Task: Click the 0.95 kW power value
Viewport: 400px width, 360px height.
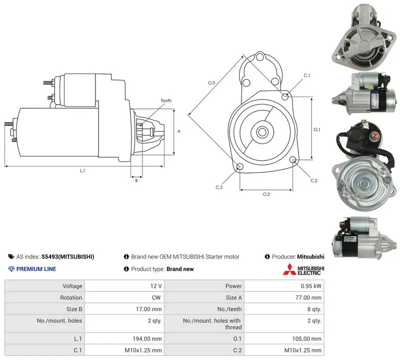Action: tap(310, 286)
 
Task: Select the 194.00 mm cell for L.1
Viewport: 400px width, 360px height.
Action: tap(147, 339)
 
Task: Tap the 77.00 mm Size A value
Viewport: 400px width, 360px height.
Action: tap(308, 297)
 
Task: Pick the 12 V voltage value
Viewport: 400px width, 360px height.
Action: tap(156, 286)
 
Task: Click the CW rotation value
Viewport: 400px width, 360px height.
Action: tap(156, 297)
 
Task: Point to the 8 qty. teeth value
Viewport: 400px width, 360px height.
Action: tap(314, 309)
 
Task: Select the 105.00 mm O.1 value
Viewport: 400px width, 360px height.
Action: tap(307, 339)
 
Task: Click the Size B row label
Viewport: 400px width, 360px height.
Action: tap(74, 309)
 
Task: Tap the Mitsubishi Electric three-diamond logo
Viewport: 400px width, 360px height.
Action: tap(289, 269)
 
